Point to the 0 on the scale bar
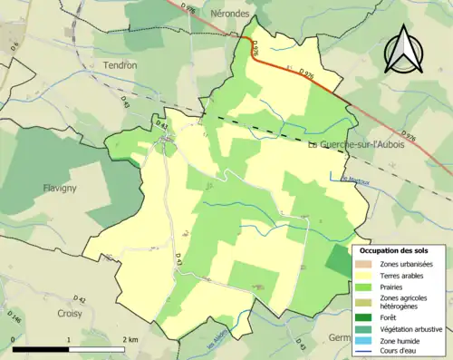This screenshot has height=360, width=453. coord(13,339)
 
